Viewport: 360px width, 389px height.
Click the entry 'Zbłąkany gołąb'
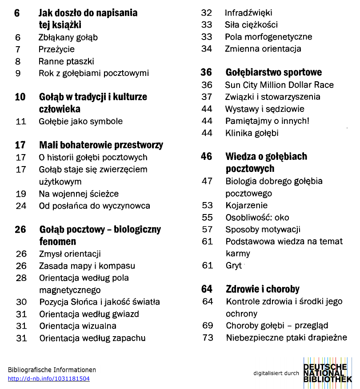pyautogui.click(x=68, y=37)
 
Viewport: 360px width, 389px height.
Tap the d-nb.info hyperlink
pyautogui.click(x=49, y=379)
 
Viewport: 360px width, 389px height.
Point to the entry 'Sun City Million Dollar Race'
pyautogui.click(x=279, y=85)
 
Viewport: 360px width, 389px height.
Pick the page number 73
pyautogui.click(x=208, y=337)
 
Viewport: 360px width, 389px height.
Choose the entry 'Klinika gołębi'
pyautogui.click(x=252, y=133)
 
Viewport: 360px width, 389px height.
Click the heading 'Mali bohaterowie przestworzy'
pyautogui.click(x=101, y=145)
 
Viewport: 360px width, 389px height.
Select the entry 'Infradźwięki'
pyautogui.click(x=248, y=13)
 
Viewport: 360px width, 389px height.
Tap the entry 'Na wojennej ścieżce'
pyautogui.click(x=79, y=194)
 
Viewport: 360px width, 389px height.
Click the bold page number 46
pyautogui.click(x=207, y=156)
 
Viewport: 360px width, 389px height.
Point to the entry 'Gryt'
pyautogui.click(x=233, y=266)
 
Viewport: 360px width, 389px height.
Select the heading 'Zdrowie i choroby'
pyautogui.click(x=262, y=289)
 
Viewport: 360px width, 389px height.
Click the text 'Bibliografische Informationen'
pyautogui.click(x=52, y=370)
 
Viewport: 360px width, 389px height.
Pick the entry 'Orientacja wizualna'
pyautogui.click(x=78, y=326)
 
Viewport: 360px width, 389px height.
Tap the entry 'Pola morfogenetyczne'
pyautogui.click(x=268, y=37)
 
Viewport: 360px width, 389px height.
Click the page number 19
pyautogui.click(x=21, y=194)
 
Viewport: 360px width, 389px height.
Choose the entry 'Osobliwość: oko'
pyautogui.click(x=257, y=218)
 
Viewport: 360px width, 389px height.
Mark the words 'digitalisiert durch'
pyautogui.click(x=276, y=373)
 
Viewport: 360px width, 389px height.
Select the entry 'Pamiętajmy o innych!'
pyautogui.click(x=267, y=121)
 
